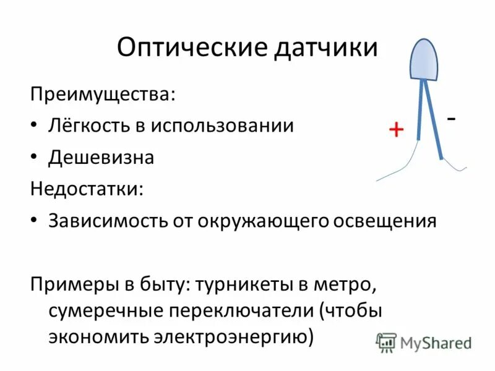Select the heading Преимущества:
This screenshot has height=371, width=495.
[102, 95]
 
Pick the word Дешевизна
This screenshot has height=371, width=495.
[101, 158]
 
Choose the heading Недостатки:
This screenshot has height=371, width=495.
[87, 189]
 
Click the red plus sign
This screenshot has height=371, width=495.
[396, 129]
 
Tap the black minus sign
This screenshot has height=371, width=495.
[452, 117]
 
